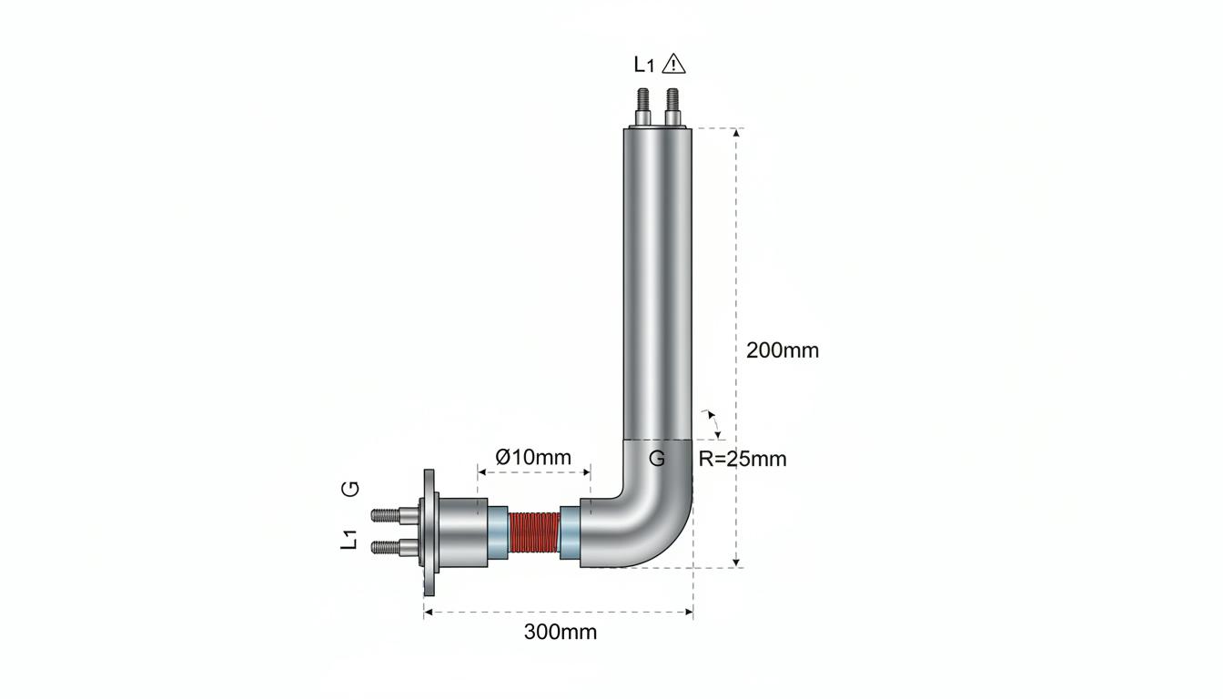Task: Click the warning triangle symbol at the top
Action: coord(673,64)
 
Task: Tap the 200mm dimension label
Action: coord(783,350)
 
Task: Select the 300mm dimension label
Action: coord(561,633)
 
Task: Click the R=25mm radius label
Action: coord(743,460)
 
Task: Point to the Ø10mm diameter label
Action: coord(533,457)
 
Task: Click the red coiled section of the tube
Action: coord(534,532)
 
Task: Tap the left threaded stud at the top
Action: coord(643,107)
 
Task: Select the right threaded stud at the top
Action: coord(672,107)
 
